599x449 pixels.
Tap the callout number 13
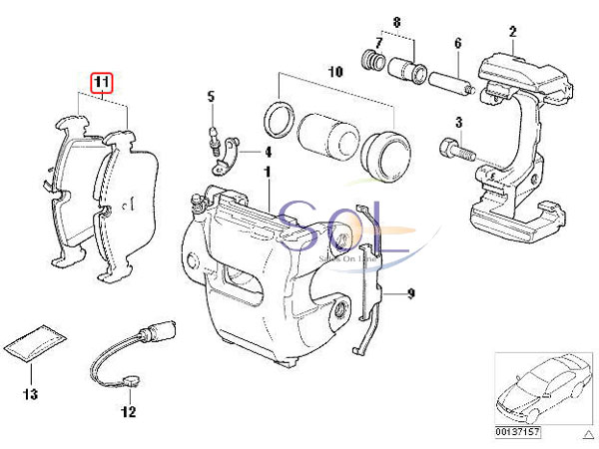point(30,395)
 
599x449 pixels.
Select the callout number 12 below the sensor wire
point(128,410)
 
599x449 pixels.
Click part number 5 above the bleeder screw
point(211,97)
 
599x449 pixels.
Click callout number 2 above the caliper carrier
point(511,33)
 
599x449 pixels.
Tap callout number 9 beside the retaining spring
point(408,293)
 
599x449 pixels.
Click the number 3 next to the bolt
point(458,122)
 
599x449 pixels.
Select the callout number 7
point(377,43)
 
